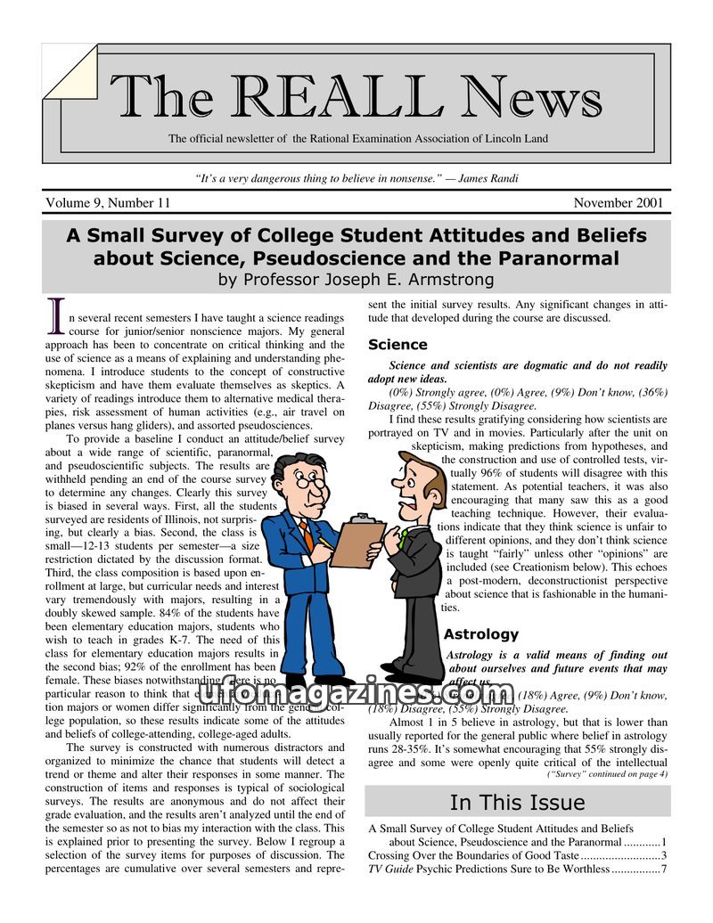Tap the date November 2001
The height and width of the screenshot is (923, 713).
tap(618, 203)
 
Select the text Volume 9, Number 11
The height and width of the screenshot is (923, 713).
tap(108, 203)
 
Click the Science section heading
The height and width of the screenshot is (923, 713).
tap(397, 345)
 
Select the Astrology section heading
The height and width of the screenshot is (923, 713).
tap(480, 634)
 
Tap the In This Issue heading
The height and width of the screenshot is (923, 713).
tap(517, 802)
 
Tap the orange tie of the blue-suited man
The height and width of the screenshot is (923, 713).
tap(307, 534)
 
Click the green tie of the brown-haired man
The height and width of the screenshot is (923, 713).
tap(404, 537)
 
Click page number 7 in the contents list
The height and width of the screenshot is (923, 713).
tap(663, 870)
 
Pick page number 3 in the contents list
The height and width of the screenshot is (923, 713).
tap(663, 856)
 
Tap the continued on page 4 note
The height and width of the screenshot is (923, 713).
tap(607, 774)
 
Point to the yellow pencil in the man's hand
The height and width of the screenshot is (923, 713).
tap(325, 542)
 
